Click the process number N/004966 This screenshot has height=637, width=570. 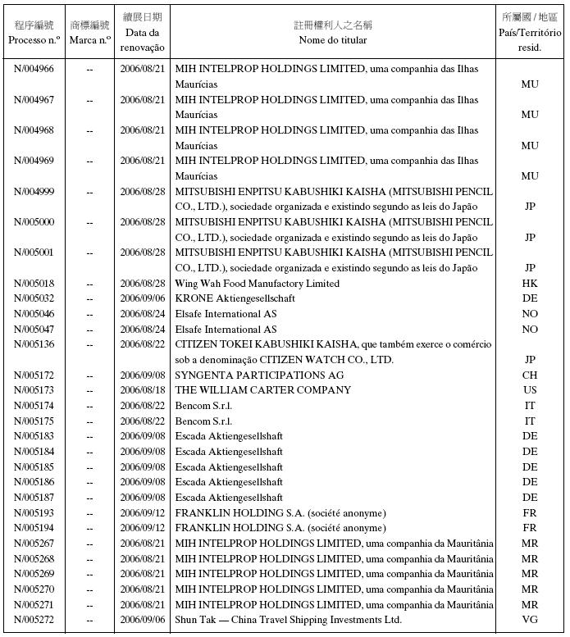click(x=34, y=69)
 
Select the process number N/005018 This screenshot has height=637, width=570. click(x=34, y=284)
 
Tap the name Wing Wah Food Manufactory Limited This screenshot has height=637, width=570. click(x=257, y=284)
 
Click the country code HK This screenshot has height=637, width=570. click(x=530, y=284)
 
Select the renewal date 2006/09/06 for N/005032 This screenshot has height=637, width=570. click(x=143, y=298)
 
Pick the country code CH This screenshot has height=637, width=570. click(x=530, y=375)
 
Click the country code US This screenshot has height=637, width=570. click(x=530, y=390)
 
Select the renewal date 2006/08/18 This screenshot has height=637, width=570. click(x=143, y=390)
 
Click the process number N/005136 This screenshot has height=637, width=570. click(x=34, y=344)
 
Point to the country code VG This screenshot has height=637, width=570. click(x=530, y=620)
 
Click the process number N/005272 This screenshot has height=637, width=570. click(x=34, y=620)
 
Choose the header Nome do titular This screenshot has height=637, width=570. click(x=333, y=39)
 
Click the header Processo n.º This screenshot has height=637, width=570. click(x=34, y=39)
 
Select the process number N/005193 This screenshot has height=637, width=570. click(x=34, y=513)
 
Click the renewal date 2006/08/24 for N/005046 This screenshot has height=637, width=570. click(x=143, y=314)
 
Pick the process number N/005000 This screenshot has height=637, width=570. click(x=34, y=222)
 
